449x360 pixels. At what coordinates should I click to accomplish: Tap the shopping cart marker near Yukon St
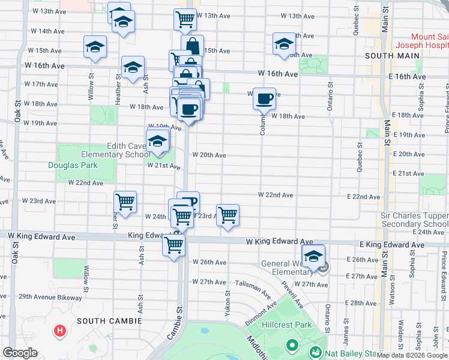click(x=228, y=214)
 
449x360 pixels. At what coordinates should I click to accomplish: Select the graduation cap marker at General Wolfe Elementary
click(x=313, y=256)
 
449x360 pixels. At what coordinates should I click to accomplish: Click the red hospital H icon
click(x=60, y=331)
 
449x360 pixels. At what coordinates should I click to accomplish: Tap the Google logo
click(x=20, y=353)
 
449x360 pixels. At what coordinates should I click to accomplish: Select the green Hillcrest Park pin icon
click(x=292, y=345)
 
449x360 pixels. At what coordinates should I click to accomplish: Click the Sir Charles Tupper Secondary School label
click(x=415, y=220)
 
